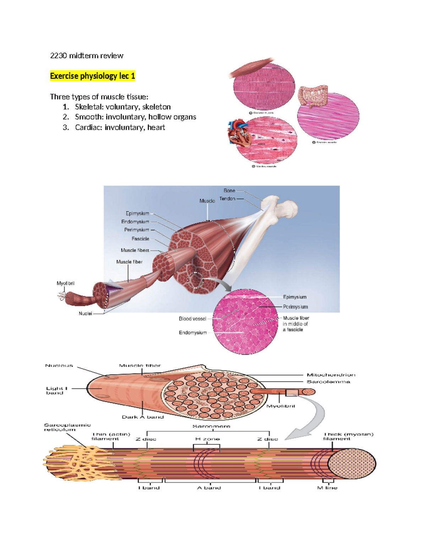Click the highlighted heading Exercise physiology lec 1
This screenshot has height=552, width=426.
tap(92, 76)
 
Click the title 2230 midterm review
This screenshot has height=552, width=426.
tap(87, 55)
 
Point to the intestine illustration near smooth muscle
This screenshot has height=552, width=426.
tap(312, 96)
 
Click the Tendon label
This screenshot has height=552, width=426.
tap(227, 199)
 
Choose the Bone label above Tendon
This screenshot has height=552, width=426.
tap(229, 191)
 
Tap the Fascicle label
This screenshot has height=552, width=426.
tap(140, 239)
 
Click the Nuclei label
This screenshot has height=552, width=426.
tap(85, 313)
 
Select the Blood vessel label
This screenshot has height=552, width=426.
tap(192, 319)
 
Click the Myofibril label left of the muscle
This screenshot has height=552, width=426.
tap(66, 283)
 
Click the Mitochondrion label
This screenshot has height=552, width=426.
tap(331, 375)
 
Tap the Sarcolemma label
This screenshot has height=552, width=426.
tap(328, 382)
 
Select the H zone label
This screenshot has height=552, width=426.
tap(207, 439)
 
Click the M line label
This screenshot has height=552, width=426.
tap(327, 488)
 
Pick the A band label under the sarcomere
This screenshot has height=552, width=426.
tap(209, 488)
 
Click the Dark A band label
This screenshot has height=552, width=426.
tap(143, 417)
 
